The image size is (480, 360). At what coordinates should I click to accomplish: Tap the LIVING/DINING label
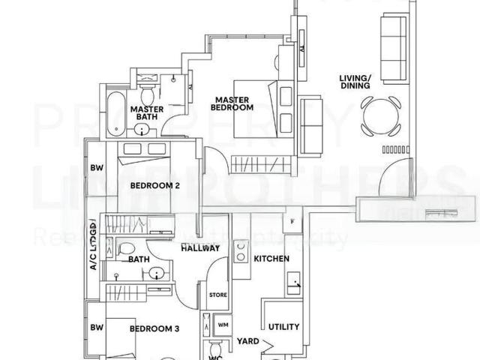click(355, 81)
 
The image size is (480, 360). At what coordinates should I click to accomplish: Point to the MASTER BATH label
click(147, 112)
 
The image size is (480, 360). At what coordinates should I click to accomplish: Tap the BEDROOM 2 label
click(154, 185)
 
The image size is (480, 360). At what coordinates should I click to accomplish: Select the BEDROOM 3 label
click(154, 328)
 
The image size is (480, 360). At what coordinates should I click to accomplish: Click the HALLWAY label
click(199, 248)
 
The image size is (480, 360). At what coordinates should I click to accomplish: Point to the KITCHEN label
click(271, 258)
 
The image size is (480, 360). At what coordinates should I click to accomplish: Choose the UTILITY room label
click(283, 327)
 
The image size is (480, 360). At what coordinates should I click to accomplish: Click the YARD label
click(249, 341)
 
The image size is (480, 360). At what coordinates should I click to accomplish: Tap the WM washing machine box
click(223, 325)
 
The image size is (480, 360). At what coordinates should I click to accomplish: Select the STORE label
click(217, 295)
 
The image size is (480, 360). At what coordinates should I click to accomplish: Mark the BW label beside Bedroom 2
click(96, 168)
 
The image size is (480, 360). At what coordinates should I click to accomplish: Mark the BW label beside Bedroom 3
click(96, 328)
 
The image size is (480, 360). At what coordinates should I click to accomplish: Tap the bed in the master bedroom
click(259, 109)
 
